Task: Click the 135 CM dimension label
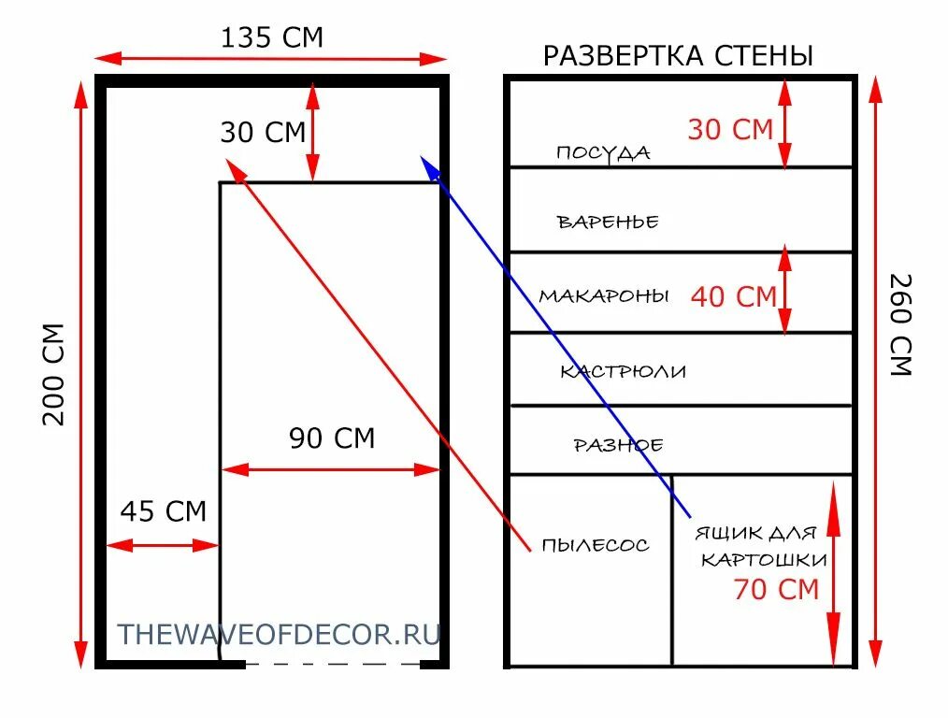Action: coord(271,38)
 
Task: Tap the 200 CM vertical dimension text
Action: coord(54,374)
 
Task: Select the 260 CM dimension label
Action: coord(898,324)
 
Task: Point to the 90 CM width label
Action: coord(331,438)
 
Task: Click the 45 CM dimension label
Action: coord(163,511)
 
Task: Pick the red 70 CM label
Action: coord(776,590)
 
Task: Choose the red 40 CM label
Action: coord(734,297)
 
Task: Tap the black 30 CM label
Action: coord(263,133)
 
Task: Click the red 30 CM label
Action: coord(730,130)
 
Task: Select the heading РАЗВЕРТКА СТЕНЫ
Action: coord(678,56)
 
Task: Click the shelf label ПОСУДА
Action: coord(603,153)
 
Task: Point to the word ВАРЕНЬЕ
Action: coord(608,223)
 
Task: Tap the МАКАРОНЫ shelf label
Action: coord(604,296)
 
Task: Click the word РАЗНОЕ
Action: coord(618,445)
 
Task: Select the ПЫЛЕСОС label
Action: coord(595,545)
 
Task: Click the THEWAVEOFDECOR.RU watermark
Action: coord(278,634)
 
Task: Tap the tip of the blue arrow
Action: coord(423,158)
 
